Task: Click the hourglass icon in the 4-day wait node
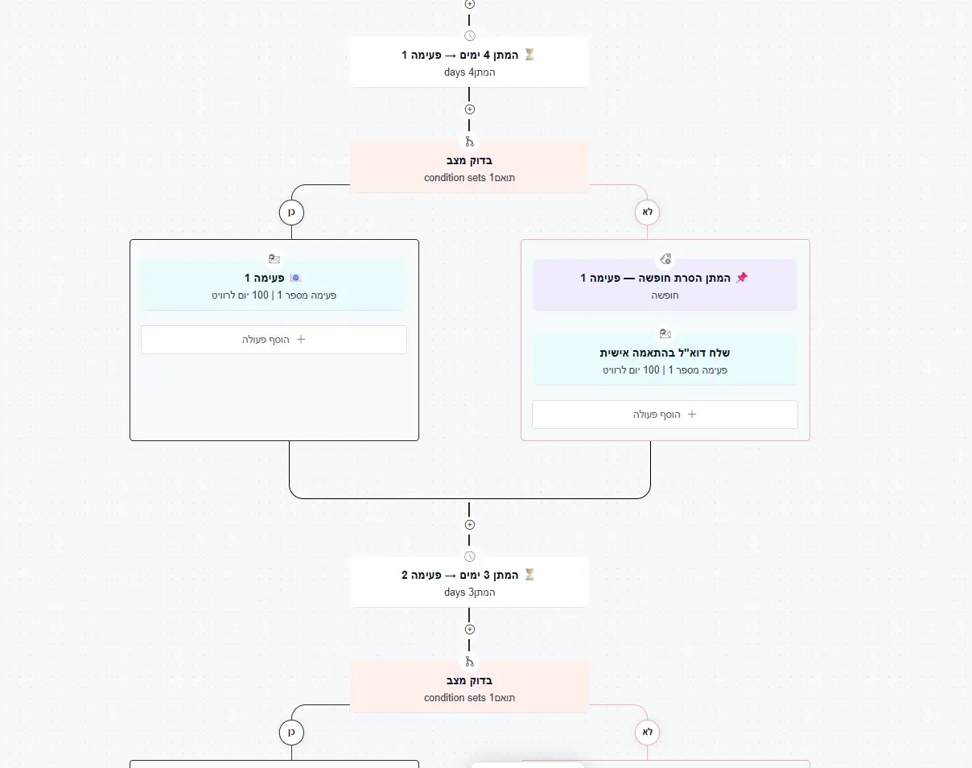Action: (529, 55)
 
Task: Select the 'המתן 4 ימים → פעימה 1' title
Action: (459, 56)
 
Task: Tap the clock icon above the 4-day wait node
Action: (470, 35)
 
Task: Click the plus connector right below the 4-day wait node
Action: (470, 109)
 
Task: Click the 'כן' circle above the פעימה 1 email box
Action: (291, 213)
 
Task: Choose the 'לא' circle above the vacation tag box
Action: (647, 213)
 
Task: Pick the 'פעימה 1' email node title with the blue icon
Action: (264, 278)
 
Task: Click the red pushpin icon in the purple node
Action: (742, 278)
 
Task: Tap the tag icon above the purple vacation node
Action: (665, 259)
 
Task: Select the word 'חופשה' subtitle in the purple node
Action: (665, 295)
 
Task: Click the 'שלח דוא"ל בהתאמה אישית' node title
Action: (665, 353)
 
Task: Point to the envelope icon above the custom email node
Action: (665, 334)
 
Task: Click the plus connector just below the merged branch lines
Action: (470, 525)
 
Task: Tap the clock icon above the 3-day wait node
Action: (470, 556)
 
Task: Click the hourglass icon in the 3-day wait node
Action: (529, 575)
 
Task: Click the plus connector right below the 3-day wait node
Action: (470, 630)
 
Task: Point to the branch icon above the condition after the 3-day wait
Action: (470, 662)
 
